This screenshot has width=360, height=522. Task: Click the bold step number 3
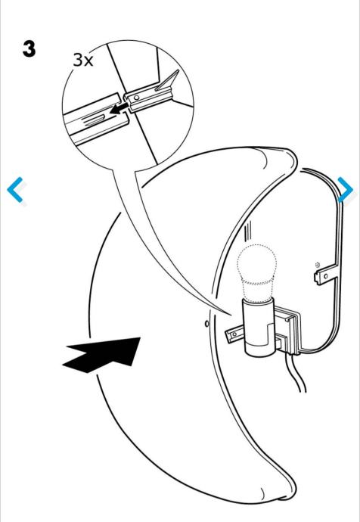tap(29, 48)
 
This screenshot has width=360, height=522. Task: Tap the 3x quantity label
tap(83, 60)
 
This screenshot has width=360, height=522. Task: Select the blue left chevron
tap(15, 190)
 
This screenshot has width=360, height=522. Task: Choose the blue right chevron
tap(346, 190)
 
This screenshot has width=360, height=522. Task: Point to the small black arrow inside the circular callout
tap(119, 108)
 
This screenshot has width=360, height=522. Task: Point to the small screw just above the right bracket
tap(317, 265)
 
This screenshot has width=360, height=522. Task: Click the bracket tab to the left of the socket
tap(235, 334)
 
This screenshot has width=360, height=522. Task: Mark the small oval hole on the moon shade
tap(207, 323)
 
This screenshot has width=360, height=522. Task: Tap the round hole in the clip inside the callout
tap(135, 98)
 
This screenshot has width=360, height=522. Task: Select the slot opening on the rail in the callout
tap(94, 119)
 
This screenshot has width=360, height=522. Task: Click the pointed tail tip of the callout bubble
tap(231, 315)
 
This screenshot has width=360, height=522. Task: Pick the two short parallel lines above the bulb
tap(247, 233)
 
